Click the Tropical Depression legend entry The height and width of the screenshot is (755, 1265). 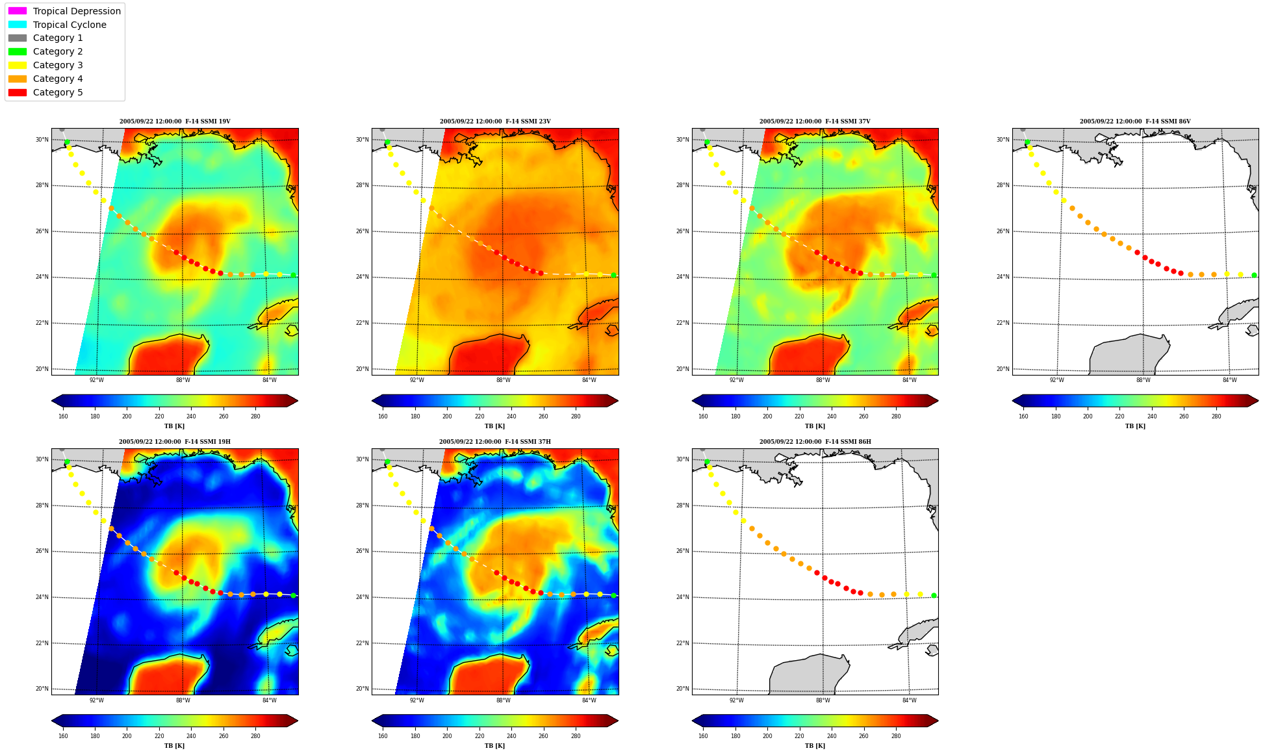pos(64,11)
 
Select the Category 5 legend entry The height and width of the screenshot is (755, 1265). pos(45,92)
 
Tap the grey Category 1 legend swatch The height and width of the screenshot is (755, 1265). pos(18,38)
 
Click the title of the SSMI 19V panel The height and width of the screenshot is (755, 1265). pos(175,122)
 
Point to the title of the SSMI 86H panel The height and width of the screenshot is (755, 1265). pos(815,442)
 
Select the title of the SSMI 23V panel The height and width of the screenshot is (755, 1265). pos(495,122)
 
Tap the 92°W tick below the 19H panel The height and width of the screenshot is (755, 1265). pos(96,700)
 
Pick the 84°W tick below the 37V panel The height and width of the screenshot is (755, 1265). pos(910,380)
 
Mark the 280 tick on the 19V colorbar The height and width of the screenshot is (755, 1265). pos(255,416)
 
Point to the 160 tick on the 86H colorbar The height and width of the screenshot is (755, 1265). pos(703,736)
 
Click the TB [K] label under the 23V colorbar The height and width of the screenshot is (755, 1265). pos(494,426)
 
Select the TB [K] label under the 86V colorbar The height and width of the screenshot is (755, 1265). pos(1135,426)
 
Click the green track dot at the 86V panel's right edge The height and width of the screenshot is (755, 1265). pos(1254,275)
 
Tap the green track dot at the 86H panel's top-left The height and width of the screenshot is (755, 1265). pos(707,462)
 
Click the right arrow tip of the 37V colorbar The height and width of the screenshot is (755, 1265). pos(938,401)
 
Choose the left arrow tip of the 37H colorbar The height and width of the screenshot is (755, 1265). pos(372,721)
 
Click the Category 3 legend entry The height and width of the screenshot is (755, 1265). pos(45,65)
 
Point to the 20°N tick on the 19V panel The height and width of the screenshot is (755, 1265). pos(42,369)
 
